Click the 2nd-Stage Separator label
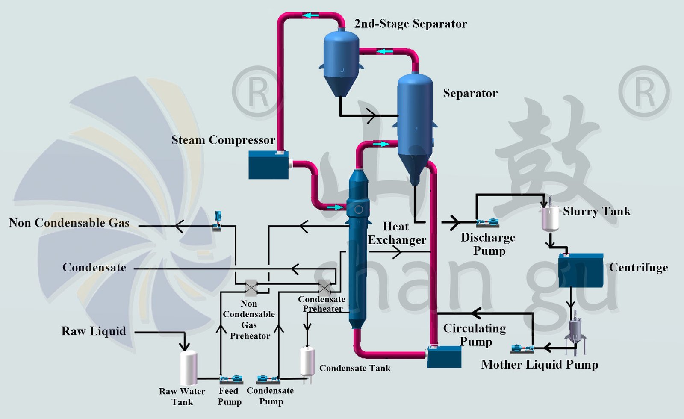(x=410, y=24)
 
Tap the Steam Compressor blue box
(x=268, y=165)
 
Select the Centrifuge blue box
(x=581, y=271)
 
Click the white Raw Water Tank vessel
(x=188, y=368)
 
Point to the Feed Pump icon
(x=231, y=379)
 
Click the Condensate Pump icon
(x=268, y=379)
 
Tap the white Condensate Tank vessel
(x=307, y=362)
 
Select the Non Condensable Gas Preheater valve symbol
(x=251, y=287)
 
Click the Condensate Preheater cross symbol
(x=325, y=287)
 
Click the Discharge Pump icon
(x=487, y=223)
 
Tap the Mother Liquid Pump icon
(x=522, y=349)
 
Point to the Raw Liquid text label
(x=94, y=331)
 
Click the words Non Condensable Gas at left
(x=69, y=223)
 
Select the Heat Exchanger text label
(x=396, y=233)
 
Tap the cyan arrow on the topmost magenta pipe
(x=311, y=15)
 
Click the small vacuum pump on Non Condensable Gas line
(x=217, y=221)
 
